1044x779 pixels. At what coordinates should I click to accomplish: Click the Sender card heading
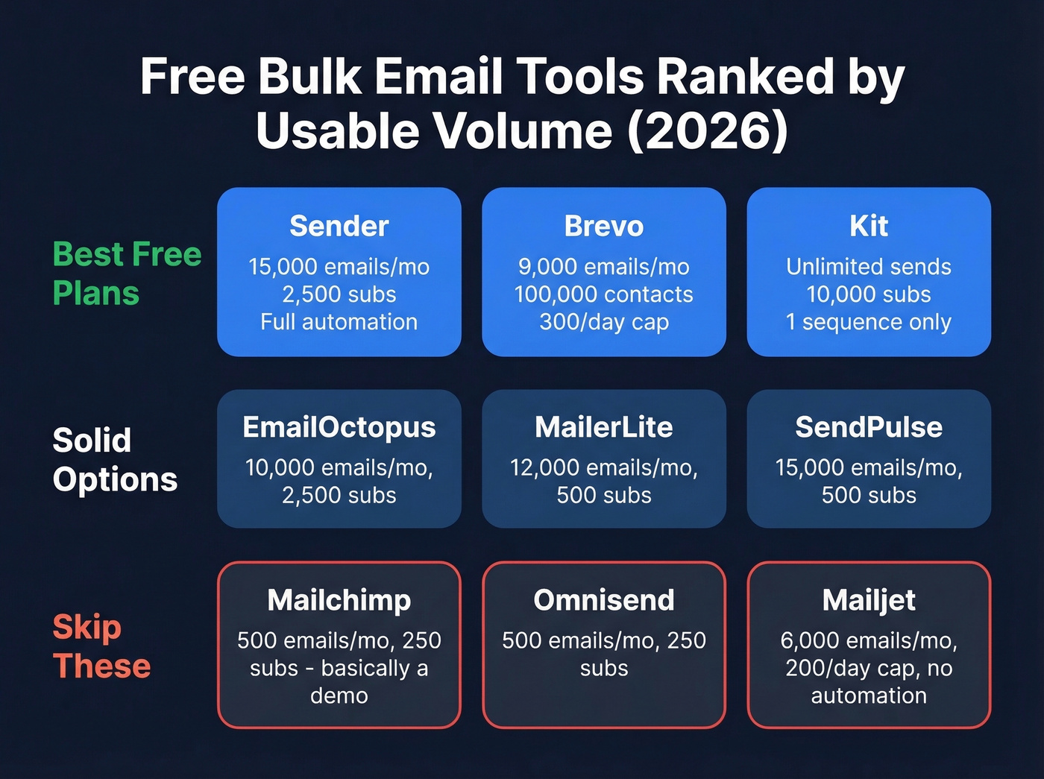point(339,226)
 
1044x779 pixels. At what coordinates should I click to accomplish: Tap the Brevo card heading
point(603,226)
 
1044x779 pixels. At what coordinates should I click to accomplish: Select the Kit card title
point(868,226)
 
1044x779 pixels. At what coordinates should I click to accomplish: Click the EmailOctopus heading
point(339,427)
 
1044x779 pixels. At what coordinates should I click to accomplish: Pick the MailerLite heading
point(603,427)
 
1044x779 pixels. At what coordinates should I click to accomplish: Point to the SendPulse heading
point(868,427)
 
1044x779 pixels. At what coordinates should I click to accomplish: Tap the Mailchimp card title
point(339,600)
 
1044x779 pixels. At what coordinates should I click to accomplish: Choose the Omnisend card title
point(603,600)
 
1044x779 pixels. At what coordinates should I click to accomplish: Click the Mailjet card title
point(868,600)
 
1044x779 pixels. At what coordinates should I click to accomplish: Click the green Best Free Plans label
point(127,274)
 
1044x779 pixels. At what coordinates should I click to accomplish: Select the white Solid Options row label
point(115,459)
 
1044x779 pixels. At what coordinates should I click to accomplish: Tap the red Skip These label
point(101,646)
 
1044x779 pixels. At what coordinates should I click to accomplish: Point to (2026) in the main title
point(707,131)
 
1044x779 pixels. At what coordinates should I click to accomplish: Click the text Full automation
point(339,322)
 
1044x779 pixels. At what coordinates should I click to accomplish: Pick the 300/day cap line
point(603,322)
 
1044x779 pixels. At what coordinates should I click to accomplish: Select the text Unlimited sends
point(868,267)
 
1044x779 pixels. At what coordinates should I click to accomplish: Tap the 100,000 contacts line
point(603,294)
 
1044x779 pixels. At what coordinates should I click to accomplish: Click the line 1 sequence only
point(868,322)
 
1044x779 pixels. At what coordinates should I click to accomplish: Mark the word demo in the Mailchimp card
point(339,696)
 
